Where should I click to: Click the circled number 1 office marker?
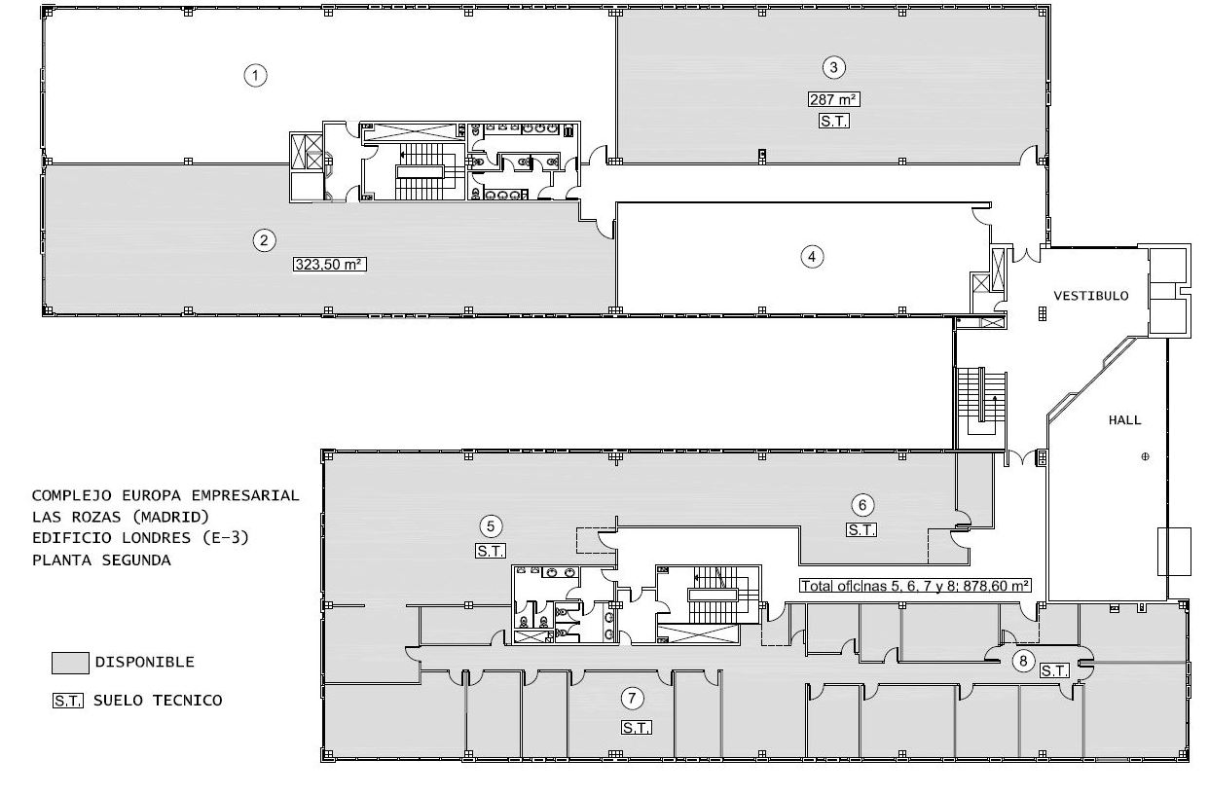click(x=255, y=75)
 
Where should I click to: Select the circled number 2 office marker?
click(x=264, y=240)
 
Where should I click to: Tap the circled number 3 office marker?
click(x=834, y=67)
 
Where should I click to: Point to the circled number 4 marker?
click(x=812, y=257)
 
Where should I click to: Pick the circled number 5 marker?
click(x=491, y=526)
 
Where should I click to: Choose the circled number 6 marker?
click(x=862, y=505)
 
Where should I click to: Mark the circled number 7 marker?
click(x=632, y=699)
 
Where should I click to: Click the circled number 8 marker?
click(x=1023, y=661)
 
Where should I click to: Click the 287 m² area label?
click(x=834, y=99)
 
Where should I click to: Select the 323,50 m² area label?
click(x=330, y=265)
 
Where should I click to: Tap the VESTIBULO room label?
click(x=1091, y=296)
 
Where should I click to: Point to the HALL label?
click(x=1125, y=420)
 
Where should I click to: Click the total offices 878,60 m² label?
click(x=915, y=586)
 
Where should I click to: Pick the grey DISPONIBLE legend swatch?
click(x=70, y=663)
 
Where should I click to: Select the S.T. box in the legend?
click(x=68, y=701)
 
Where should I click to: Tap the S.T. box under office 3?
click(x=834, y=122)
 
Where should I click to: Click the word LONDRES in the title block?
click(x=163, y=538)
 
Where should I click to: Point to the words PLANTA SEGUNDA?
click(x=101, y=560)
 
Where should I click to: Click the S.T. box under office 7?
click(x=637, y=728)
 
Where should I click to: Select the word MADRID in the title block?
click(x=170, y=517)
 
